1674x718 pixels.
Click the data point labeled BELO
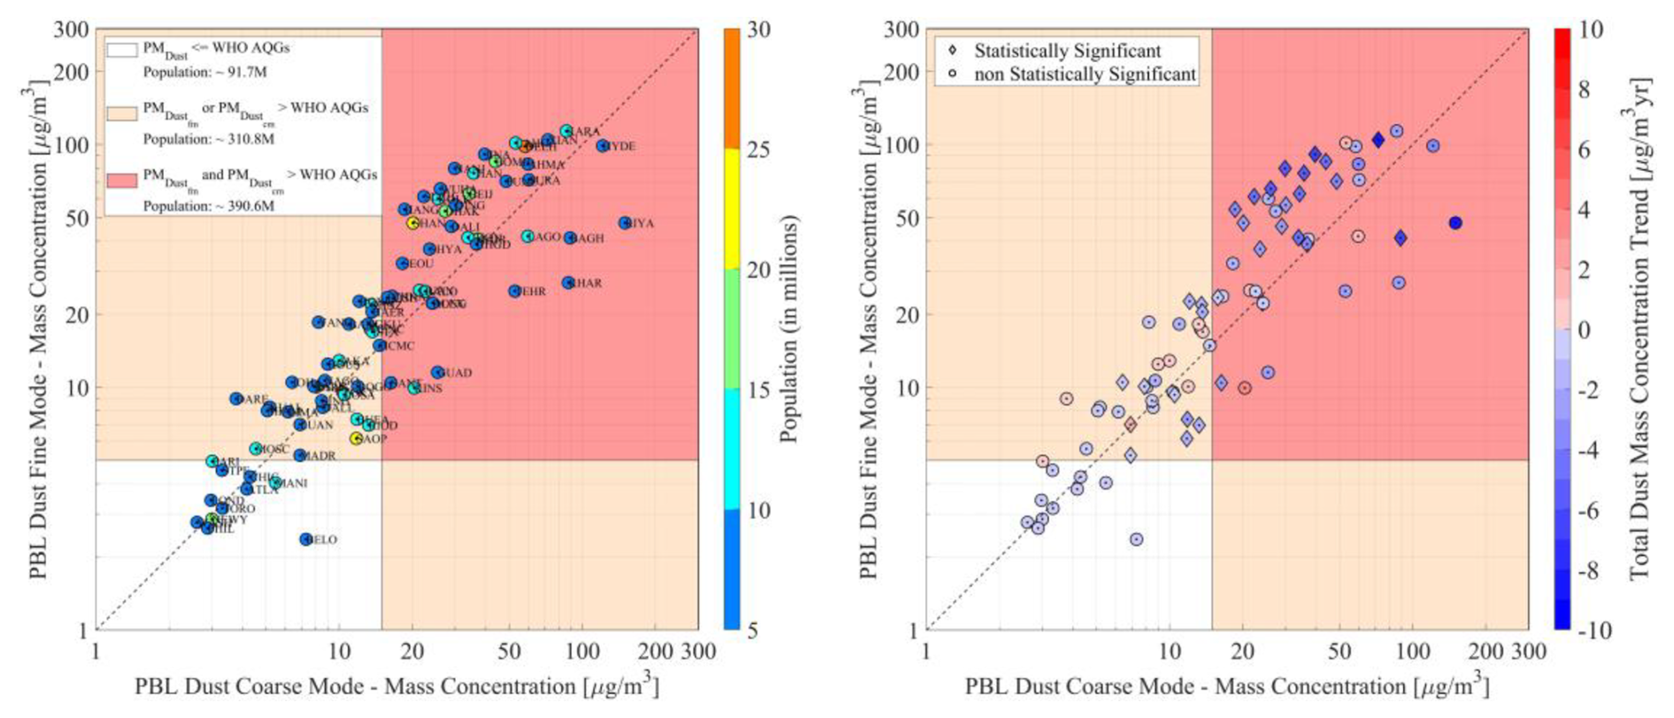coord(306,539)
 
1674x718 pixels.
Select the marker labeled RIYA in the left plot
coord(625,223)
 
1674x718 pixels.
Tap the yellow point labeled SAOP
coord(357,439)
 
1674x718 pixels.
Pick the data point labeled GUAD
coord(437,373)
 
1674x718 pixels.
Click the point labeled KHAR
coord(568,283)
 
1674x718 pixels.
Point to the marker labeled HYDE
coord(603,146)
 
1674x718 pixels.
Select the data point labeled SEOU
coord(403,264)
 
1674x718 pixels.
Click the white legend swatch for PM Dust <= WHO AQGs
coord(122,50)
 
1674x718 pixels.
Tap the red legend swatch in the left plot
coord(122,180)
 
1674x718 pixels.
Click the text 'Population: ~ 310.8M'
coord(209,139)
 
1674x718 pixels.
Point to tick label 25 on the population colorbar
coord(758,149)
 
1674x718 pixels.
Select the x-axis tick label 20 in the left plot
coord(412,653)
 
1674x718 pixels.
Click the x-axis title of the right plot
coord(1226,687)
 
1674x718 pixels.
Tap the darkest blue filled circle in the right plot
coord(1455,223)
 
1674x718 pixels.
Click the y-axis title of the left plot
coord(37,329)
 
